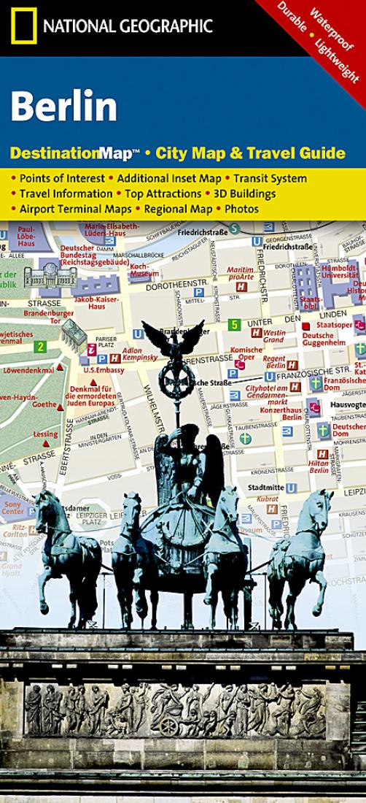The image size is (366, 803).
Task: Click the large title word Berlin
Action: [x=63, y=107]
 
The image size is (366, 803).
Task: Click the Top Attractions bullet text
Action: [x=163, y=193]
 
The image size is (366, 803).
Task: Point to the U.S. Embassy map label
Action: [x=100, y=369]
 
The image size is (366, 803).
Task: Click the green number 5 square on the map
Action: [x=234, y=323]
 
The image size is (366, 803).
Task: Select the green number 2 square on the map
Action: [x=42, y=346]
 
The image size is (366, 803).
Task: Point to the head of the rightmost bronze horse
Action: [x=319, y=504]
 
